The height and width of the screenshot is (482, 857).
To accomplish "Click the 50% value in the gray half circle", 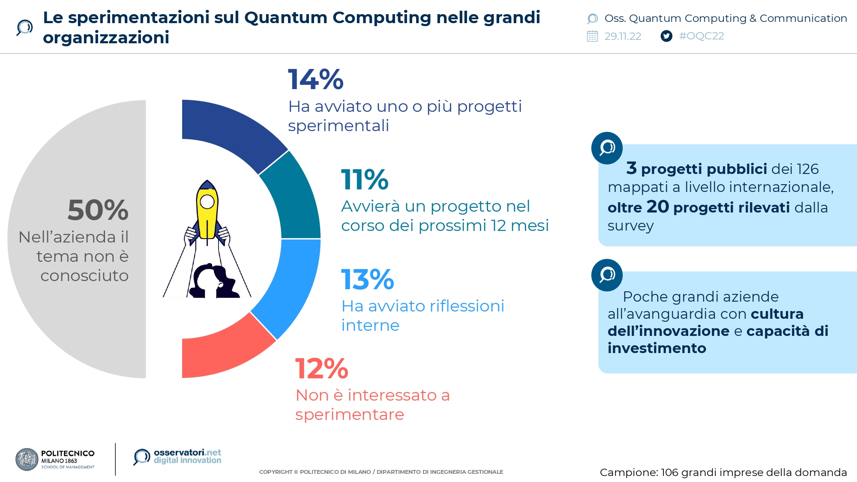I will (x=98, y=210).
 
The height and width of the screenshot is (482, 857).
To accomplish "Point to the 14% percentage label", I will (x=315, y=80).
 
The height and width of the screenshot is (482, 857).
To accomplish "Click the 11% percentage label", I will (x=365, y=180).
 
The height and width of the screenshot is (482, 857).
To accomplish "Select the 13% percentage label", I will (x=367, y=279).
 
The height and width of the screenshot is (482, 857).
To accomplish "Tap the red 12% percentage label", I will (x=321, y=368).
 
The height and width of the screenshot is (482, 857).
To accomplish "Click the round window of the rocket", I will (x=207, y=201).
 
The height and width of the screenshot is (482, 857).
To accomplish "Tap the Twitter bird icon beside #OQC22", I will (x=666, y=36).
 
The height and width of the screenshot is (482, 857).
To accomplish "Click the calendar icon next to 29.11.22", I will (x=592, y=36).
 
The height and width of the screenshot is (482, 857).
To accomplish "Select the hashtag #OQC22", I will (x=701, y=36).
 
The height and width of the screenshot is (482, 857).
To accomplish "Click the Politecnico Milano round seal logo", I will (x=27, y=460).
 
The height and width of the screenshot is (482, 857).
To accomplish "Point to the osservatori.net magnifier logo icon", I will (x=141, y=457).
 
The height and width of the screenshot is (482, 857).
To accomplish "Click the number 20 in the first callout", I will (x=658, y=207).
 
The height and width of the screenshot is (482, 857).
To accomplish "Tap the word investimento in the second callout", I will (x=656, y=348).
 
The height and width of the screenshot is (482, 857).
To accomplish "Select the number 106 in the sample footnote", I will (x=670, y=473).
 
